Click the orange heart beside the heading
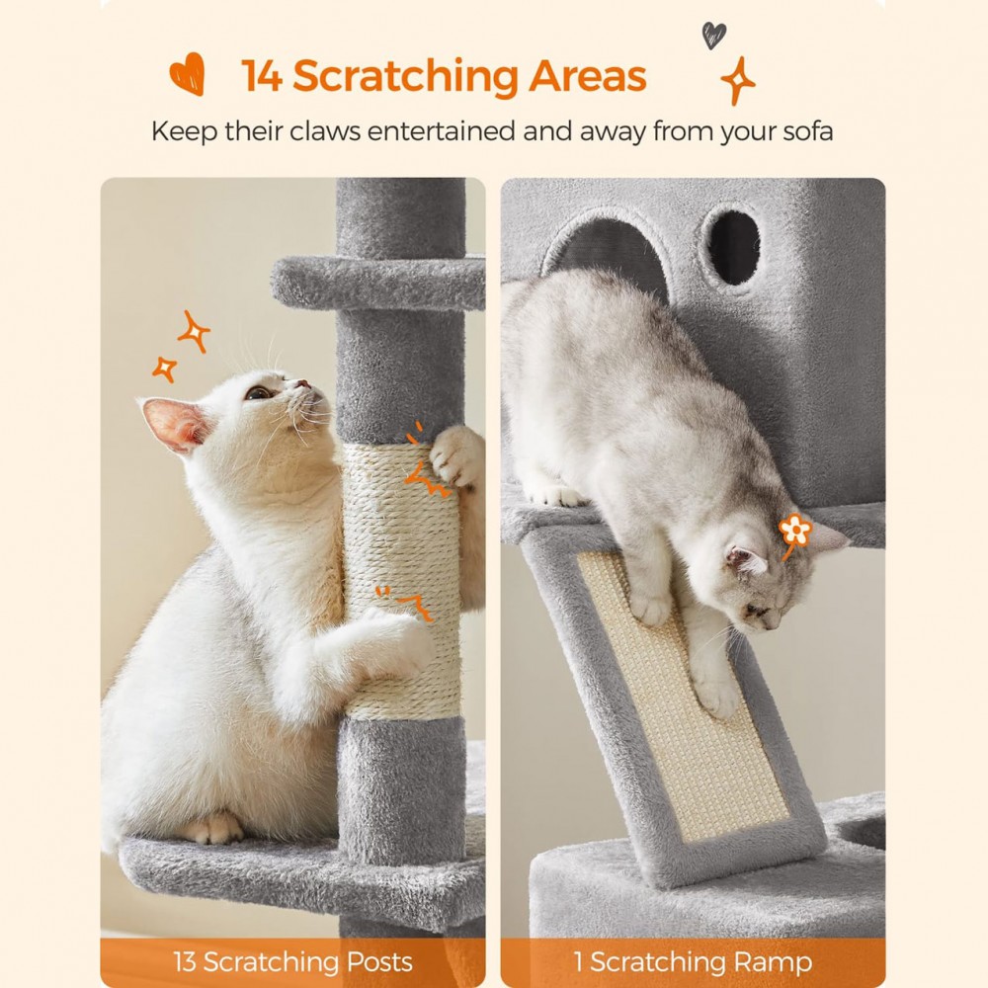pos(187,73)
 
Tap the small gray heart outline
pos(713,36)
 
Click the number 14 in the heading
pos(262,76)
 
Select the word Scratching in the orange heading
pos(405,76)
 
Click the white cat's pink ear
pos(174,423)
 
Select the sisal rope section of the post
pos(400,583)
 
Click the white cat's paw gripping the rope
pos(456,454)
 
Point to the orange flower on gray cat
pos(794,531)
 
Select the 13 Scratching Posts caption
pos(292,961)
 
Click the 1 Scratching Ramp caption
pos(693,961)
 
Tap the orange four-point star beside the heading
pos(737,80)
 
